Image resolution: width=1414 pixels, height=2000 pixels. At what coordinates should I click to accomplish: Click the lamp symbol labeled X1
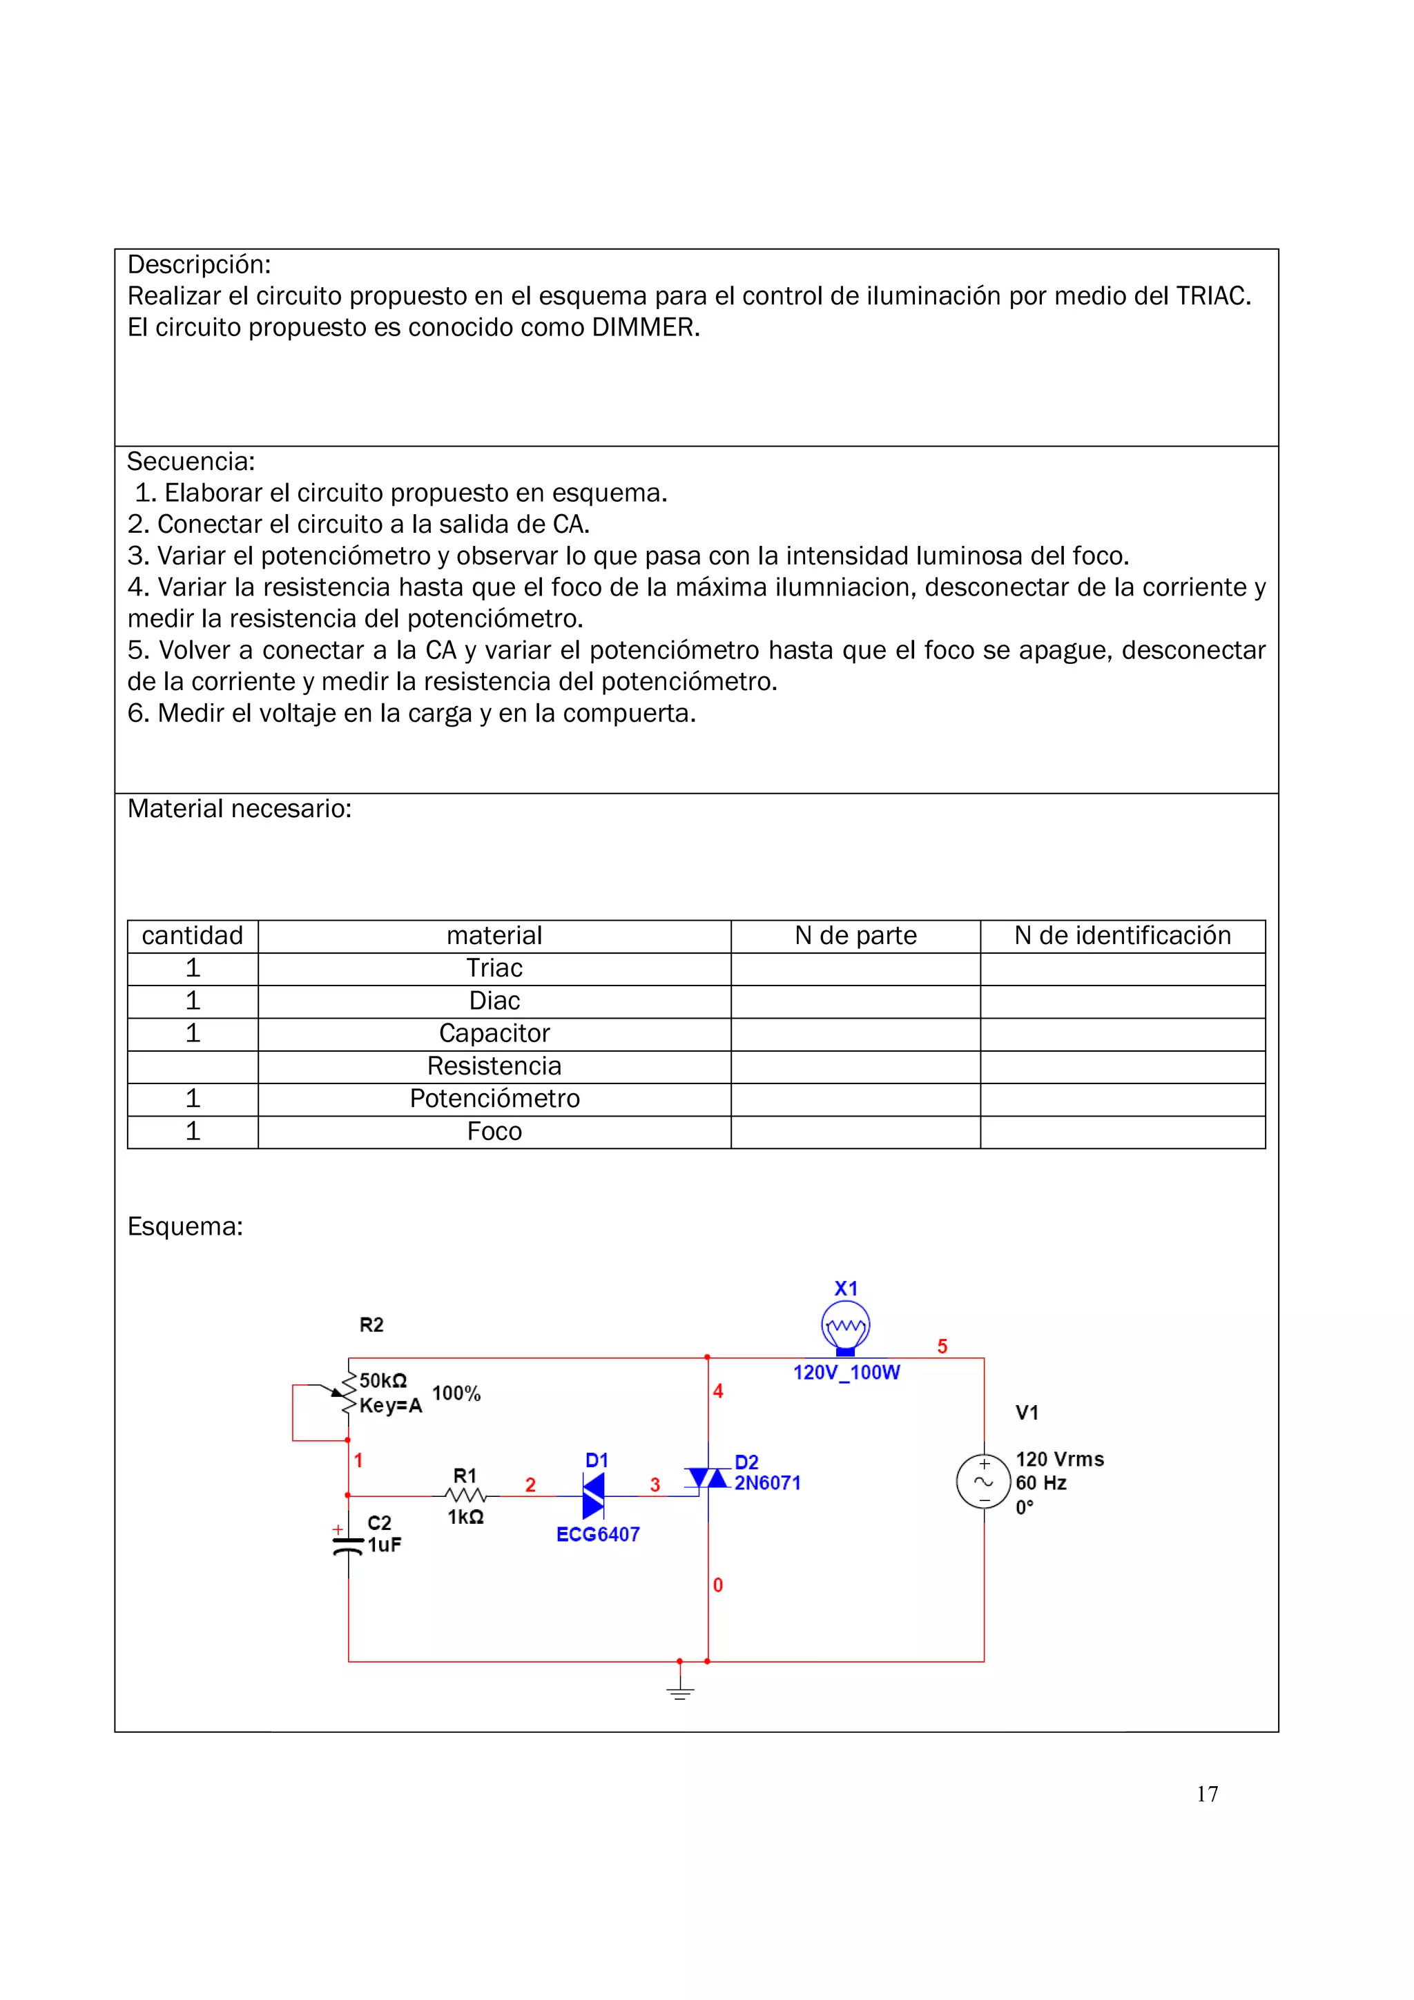click(845, 1328)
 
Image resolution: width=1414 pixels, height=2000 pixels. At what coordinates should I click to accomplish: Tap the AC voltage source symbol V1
click(984, 1482)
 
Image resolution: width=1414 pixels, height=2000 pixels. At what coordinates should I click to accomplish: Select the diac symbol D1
click(593, 1496)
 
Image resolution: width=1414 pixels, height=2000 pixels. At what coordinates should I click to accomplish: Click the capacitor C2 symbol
click(349, 1546)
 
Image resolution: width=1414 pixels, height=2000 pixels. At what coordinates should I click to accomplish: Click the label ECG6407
click(598, 1535)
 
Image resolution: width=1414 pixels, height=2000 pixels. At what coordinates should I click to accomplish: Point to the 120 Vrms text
click(1059, 1459)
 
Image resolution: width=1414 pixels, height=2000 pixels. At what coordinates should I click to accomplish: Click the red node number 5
click(942, 1346)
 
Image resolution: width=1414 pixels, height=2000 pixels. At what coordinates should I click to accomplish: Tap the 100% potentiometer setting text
click(456, 1394)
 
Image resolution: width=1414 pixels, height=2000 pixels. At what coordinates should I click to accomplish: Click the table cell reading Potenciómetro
click(494, 1099)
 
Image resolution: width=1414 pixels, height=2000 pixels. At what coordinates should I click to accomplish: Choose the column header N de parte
click(855, 936)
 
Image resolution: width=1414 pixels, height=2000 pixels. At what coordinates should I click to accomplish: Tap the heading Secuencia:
click(191, 462)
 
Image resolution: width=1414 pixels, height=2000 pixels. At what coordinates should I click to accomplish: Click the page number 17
click(1207, 1794)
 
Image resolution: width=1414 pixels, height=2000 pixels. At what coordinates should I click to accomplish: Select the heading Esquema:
click(185, 1226)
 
